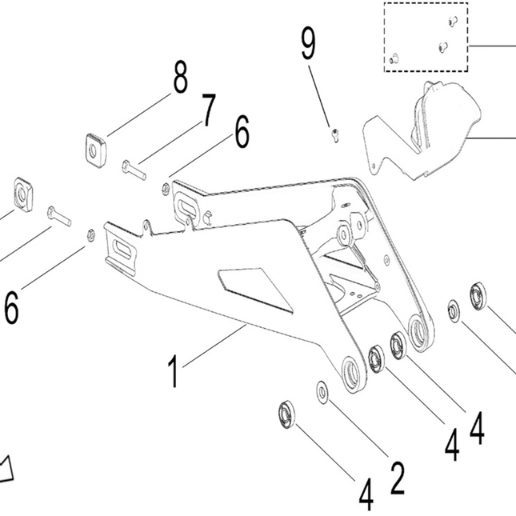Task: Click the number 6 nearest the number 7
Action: pyautogui.click(x=242, y=131)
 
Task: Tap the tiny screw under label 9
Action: pyautogui.click(x=335, y=132)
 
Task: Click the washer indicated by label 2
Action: pyautogui.click(x=324, y=391)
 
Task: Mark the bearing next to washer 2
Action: pyautogui.click(x=286, y=415)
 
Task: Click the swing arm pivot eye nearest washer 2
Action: pyautogui.click(x=352, y=373)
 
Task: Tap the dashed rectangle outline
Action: pyautogui.click(x=425, y=38)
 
